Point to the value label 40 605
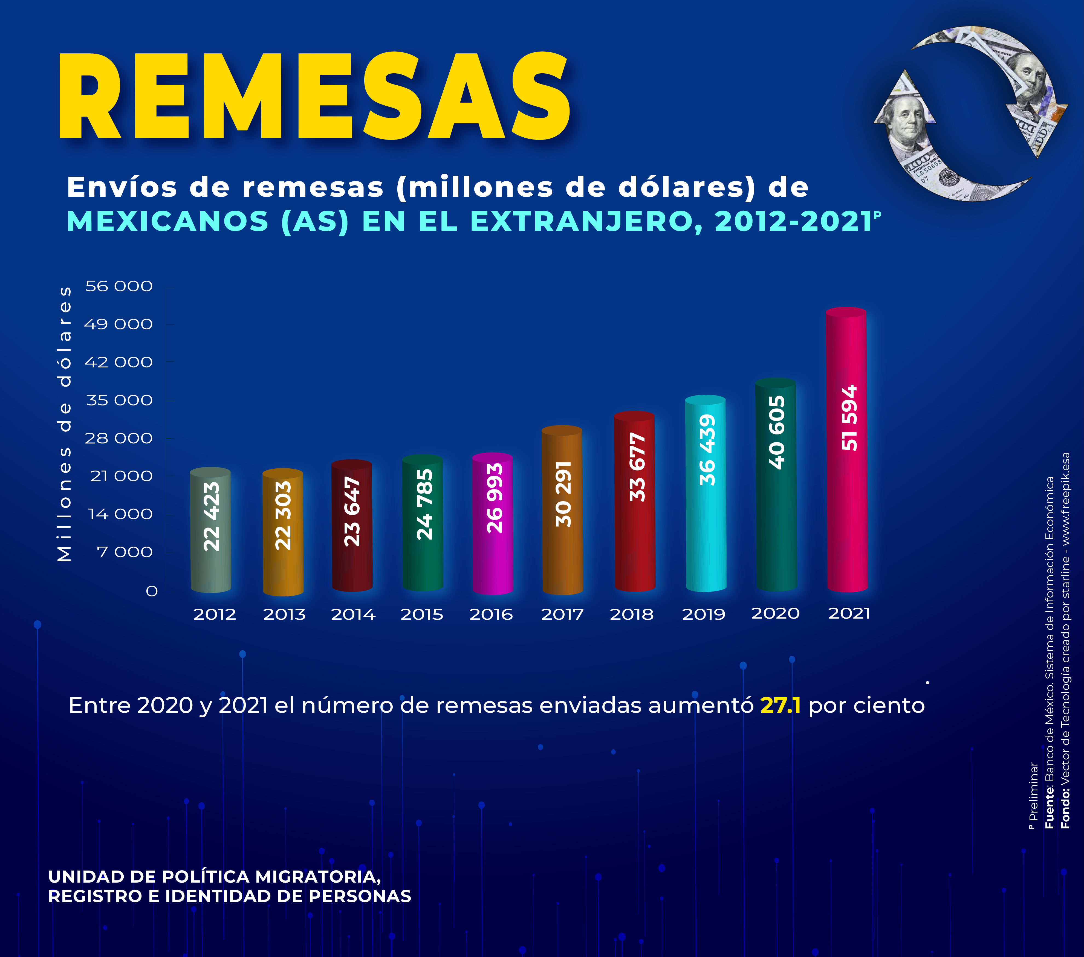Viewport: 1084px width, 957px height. [776, 432]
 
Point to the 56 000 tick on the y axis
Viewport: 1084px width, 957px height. [119, 286]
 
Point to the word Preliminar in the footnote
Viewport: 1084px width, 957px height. [1033, 790]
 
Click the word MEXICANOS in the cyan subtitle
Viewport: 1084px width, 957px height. [167, 222]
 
